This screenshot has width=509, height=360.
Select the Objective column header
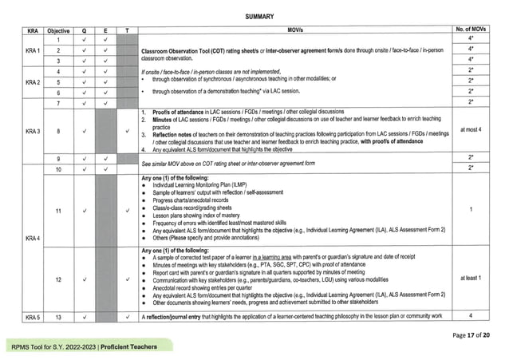pyautogui.click(x=58, y=30)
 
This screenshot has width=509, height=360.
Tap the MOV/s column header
pyautogui.click(x=292, y=30)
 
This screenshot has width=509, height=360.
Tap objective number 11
pyautogui.click(x=58, y=211)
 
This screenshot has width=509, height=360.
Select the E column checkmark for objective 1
pyautogui.click(x=105, y=40)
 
